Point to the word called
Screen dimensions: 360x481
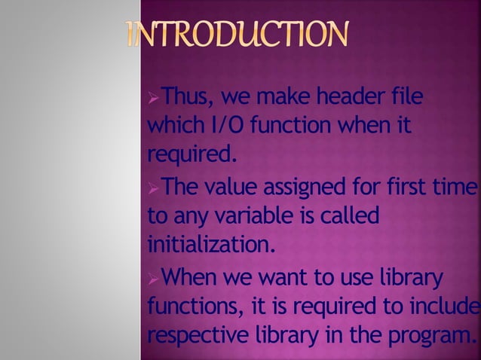pos(350,215)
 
